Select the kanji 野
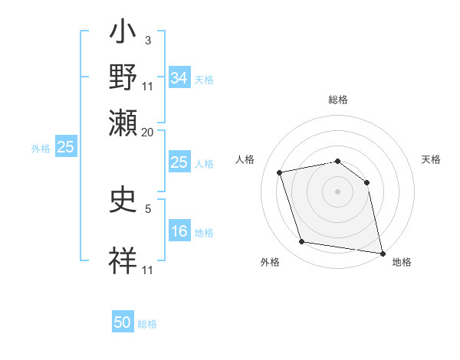click(x=123, y=79)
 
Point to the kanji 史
click(x=123, y=201)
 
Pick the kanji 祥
click(x=123, y=260)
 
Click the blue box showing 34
click(x=179, y=77)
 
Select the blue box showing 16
click(x=179, y=232)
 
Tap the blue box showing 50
click(x=123, y=322)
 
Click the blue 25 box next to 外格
click(x=65, y=147)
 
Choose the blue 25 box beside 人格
click(x=179, y=162)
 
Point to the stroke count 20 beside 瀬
click(x=147, y=132)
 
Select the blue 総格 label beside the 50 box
click(x=147, y=324)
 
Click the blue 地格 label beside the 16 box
click(x=204, y=233)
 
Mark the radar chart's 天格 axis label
click(x=431, y=159)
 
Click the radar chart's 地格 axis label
click(x=402, y=262)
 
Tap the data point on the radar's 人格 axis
click(x=280, y=172)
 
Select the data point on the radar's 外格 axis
click(x=301, y=242)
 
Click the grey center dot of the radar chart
click(x=338, y=191)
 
